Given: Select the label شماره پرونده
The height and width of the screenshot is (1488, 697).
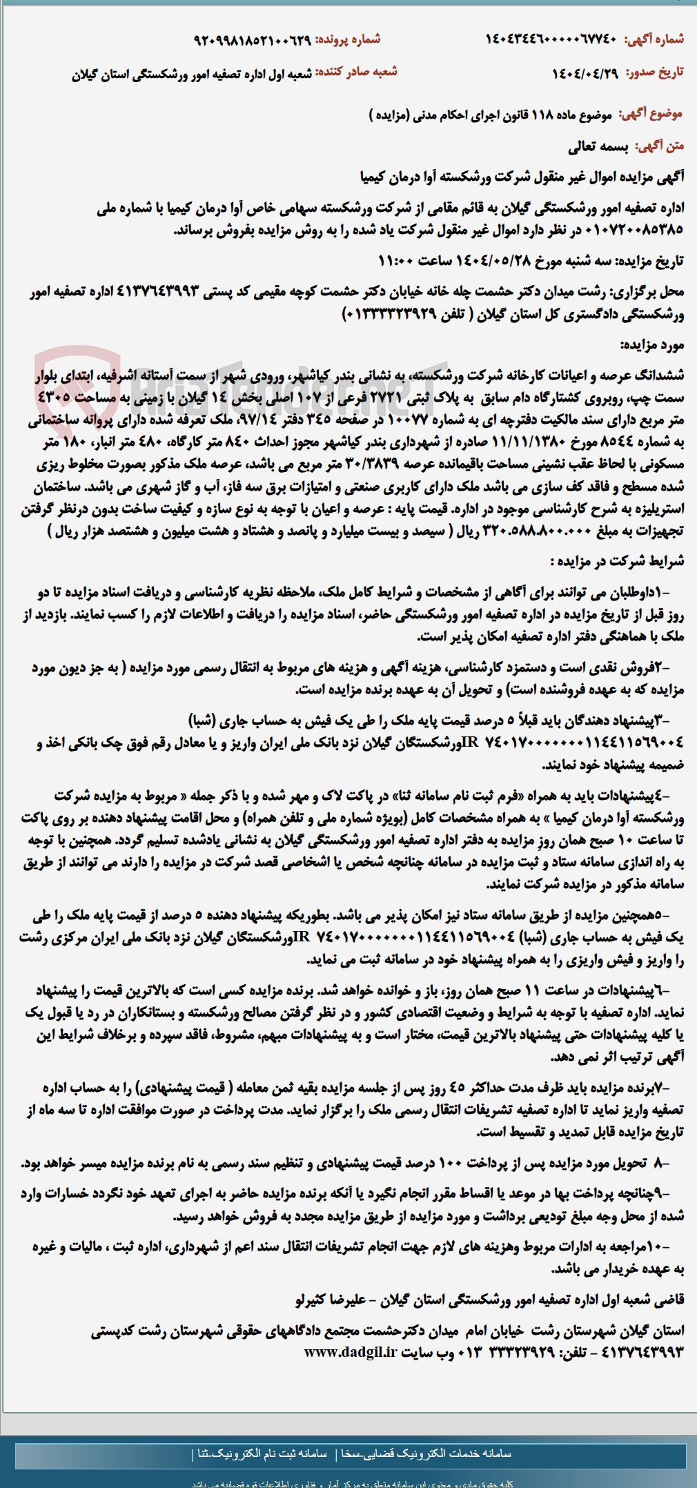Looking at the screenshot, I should [x=348, y=40].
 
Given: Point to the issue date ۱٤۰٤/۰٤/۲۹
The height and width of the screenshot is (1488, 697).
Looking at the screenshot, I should [x=585, y=73].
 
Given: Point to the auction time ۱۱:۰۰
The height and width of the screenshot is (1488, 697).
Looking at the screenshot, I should [x=397, y=261].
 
